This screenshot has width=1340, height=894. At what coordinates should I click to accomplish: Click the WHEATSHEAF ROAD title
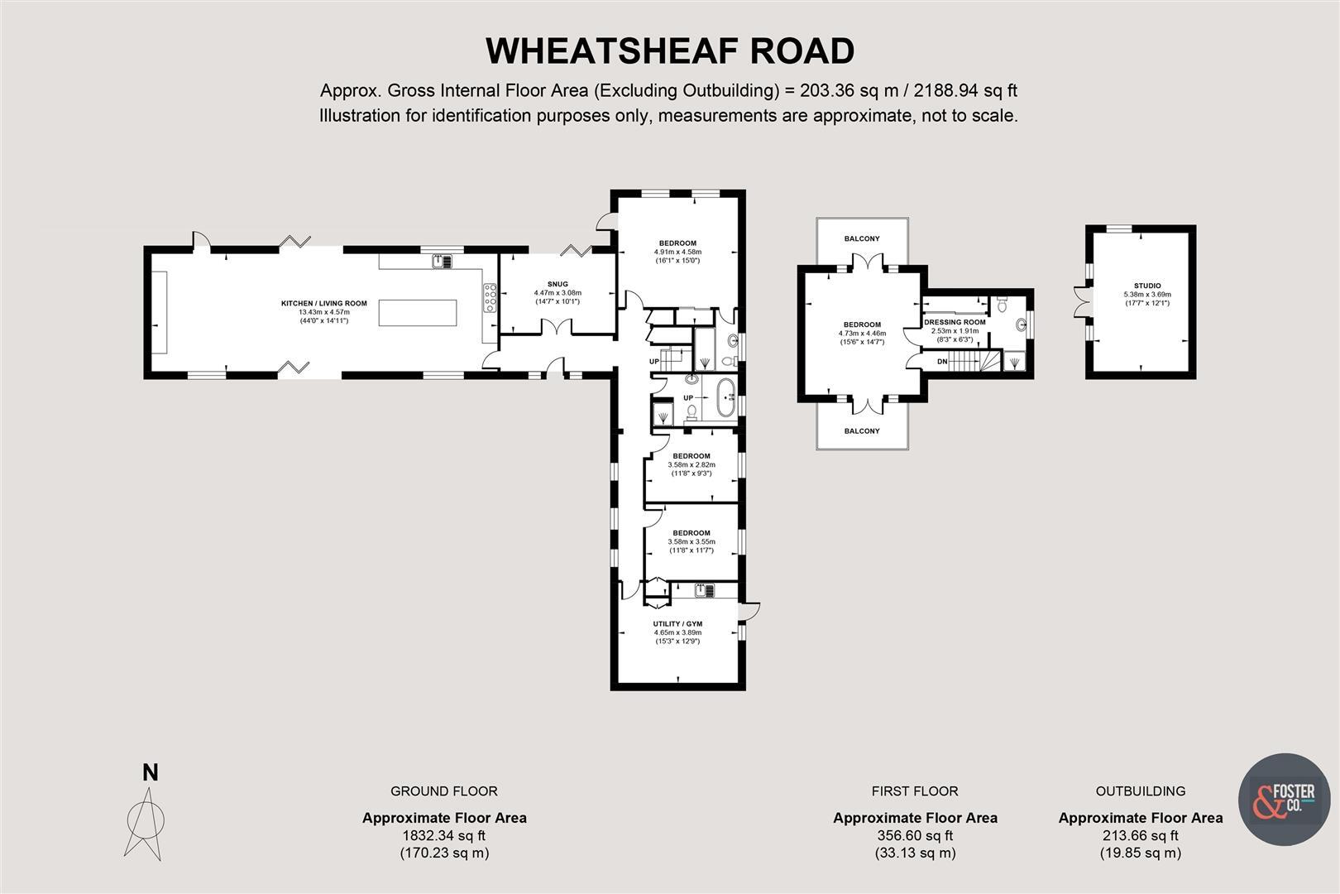pos(669,51)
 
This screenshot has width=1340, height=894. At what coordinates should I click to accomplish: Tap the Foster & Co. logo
pos(1284,799)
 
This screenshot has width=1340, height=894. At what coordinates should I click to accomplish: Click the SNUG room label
pos(558,284)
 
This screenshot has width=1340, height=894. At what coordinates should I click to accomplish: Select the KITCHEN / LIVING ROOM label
pos(323,303)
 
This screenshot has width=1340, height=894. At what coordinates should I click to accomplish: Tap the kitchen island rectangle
pos(418,313)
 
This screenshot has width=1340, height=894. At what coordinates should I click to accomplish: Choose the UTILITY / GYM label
pos(677,623)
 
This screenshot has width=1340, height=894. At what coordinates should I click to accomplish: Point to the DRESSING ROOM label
pos(955,322)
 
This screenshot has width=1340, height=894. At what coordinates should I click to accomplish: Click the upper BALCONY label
pos(862,238)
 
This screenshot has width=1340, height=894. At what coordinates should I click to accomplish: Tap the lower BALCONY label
pos(862,430)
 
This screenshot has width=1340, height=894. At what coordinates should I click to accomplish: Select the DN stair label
pos(942,361)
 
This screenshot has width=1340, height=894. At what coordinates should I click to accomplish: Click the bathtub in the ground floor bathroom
pos(725,397)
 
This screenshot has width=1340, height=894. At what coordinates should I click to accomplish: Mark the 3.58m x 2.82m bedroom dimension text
pos(692,465)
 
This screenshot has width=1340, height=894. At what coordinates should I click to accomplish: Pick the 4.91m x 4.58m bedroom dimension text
pos(677,252)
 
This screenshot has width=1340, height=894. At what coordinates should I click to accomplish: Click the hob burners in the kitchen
pos(490,298)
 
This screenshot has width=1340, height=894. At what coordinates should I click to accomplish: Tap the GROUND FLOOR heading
pos(444,791)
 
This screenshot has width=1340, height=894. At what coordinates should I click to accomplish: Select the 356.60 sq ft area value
pos(915,835)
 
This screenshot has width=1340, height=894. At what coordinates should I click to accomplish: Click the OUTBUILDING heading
pos(1140,791)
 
